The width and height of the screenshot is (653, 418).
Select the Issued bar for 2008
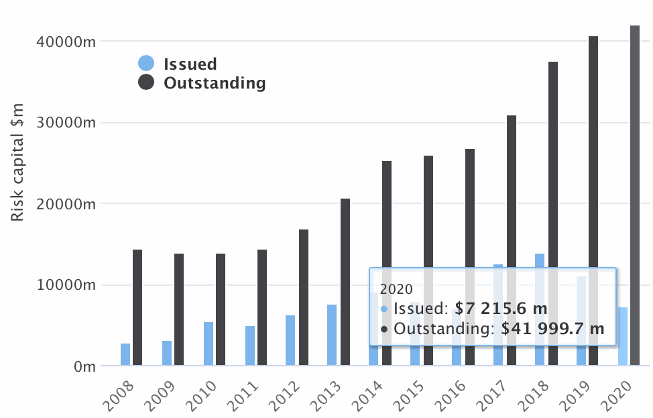(x=125, y=354)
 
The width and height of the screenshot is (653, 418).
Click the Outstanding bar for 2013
(x=345, y=282)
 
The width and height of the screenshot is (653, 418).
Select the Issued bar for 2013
(x=332, y=335)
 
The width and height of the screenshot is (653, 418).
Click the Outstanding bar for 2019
(x=593, y=201)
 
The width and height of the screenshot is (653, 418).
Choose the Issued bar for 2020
(x=623, y=336)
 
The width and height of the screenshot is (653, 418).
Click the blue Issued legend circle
(x=146, y=64)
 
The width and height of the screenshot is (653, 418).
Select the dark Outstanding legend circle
(x=146, y=83)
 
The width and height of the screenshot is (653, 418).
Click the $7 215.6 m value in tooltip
(x=501, y=309)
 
